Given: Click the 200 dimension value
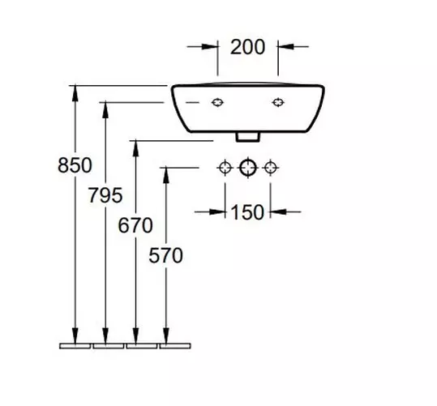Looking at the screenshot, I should point(247,47).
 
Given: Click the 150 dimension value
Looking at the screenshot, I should point(247,212).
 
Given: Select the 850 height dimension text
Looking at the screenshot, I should point(75,165).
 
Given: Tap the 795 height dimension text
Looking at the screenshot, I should point(105,195).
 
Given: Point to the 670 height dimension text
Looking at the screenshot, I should point(135,225).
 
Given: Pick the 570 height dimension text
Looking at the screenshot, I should point(165,256).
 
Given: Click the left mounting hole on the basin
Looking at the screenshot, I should point(217,103).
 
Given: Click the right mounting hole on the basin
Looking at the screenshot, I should point(278,103).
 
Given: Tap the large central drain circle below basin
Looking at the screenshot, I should point(247,168).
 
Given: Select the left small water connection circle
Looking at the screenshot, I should point(225,168).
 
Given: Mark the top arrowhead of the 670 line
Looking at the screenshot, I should point(135,147).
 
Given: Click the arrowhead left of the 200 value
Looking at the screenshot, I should point(212,47).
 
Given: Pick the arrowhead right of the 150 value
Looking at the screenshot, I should point(276,212).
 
